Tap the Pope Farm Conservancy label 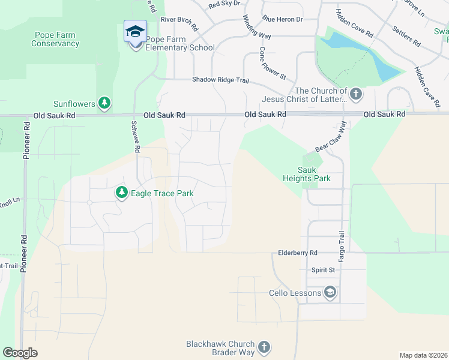[x=55, y=40]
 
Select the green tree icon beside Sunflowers [x=105, y=104]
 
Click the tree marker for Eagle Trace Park [x=122, y=193]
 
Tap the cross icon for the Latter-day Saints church [x=356, y=94]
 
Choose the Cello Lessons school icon [x=330, y=293]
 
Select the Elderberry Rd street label [x=297, y=253]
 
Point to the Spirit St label [x=323, y=271]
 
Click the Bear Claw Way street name [x=331, y=137]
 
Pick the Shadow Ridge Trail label [x=220, y=80]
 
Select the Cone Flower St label [x=273, y=63]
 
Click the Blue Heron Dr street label [x=283, y=20]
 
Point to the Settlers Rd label [x=406, y=36]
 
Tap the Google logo [x=20, y=353]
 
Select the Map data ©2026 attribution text [x=423, y=355]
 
